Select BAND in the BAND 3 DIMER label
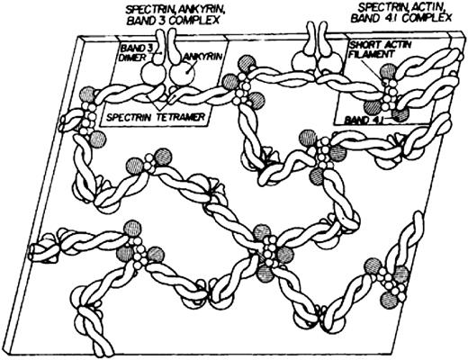(131, 45)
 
